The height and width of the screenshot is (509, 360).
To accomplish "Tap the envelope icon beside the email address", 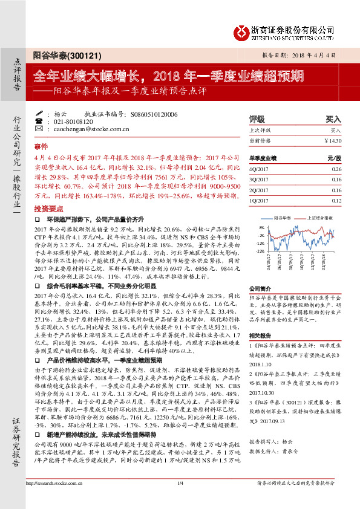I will pos(39,129).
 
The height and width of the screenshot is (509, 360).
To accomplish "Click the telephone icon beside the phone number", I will pos(39,121).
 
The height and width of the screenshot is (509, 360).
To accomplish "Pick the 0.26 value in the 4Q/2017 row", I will pos(336,170).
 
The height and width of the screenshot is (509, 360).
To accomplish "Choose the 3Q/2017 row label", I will pos(258,180).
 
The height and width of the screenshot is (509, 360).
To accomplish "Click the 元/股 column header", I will pos(334,158).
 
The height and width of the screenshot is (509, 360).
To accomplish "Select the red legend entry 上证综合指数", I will pos(320,216).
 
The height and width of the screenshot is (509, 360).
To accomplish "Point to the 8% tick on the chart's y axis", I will pos(261,227).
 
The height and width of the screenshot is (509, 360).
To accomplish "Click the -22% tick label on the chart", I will pos(260,250).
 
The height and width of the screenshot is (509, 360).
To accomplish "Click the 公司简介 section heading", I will pos(262,289).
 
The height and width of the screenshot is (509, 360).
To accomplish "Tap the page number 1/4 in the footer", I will pos(180,499).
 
